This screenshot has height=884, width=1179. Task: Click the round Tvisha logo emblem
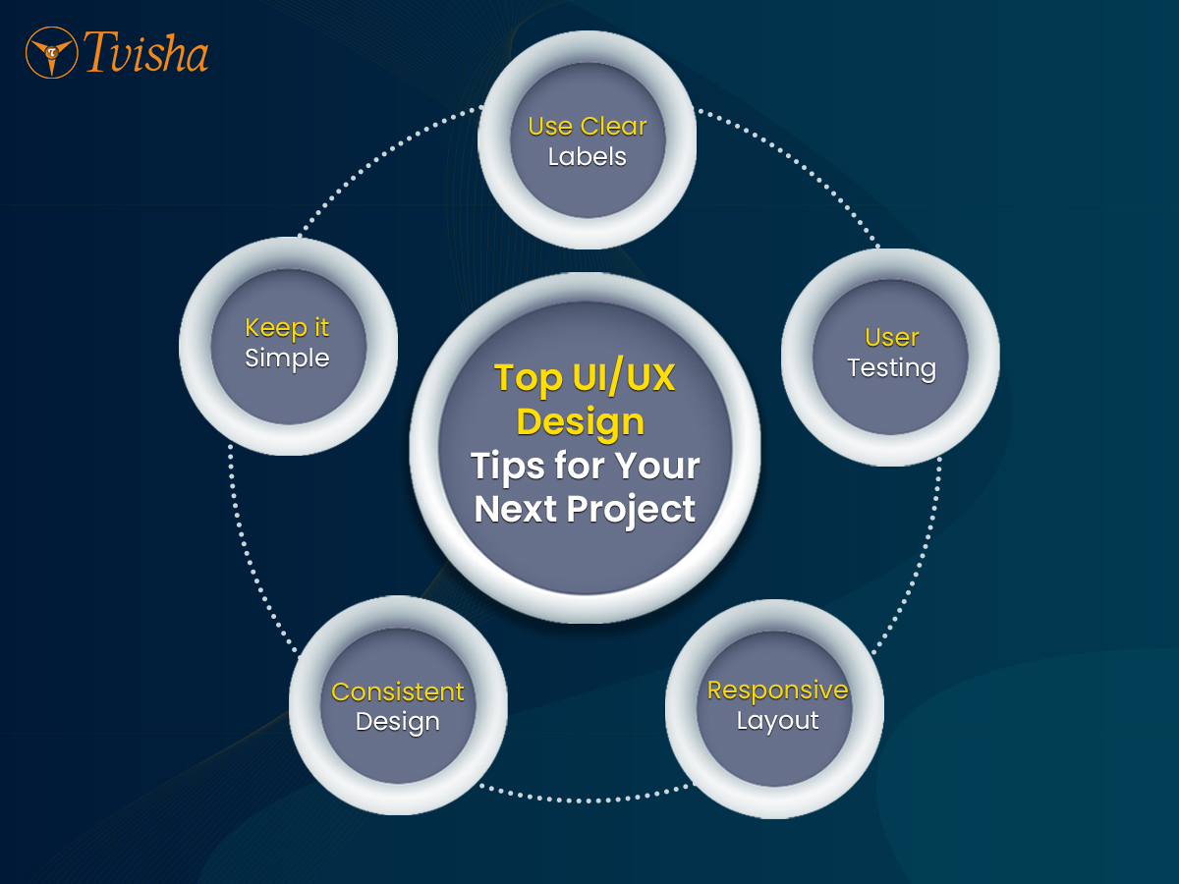point(51,53)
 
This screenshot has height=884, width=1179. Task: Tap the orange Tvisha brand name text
point(145,52)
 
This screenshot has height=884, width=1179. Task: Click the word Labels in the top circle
point(588,157)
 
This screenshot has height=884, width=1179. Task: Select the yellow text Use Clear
point(588,126)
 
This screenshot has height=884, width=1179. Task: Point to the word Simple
point(287,359)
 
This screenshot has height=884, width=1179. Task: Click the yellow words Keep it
point(287,328)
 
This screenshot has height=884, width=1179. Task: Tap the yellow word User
point(892,338)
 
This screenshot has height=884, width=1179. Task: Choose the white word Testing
point(892,368)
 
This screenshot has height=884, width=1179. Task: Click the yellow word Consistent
point(398,691)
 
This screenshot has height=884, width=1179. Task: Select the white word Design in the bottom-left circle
point(398,723)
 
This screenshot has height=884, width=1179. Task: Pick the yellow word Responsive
point(777,691)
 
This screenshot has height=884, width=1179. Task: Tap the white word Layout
point(777,721)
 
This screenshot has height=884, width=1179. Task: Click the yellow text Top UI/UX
point(585,378)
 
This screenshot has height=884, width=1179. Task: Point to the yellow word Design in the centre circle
point(580,422)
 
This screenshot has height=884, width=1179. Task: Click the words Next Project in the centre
point(585,510)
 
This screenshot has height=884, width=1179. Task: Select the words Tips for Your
point(585,466)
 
